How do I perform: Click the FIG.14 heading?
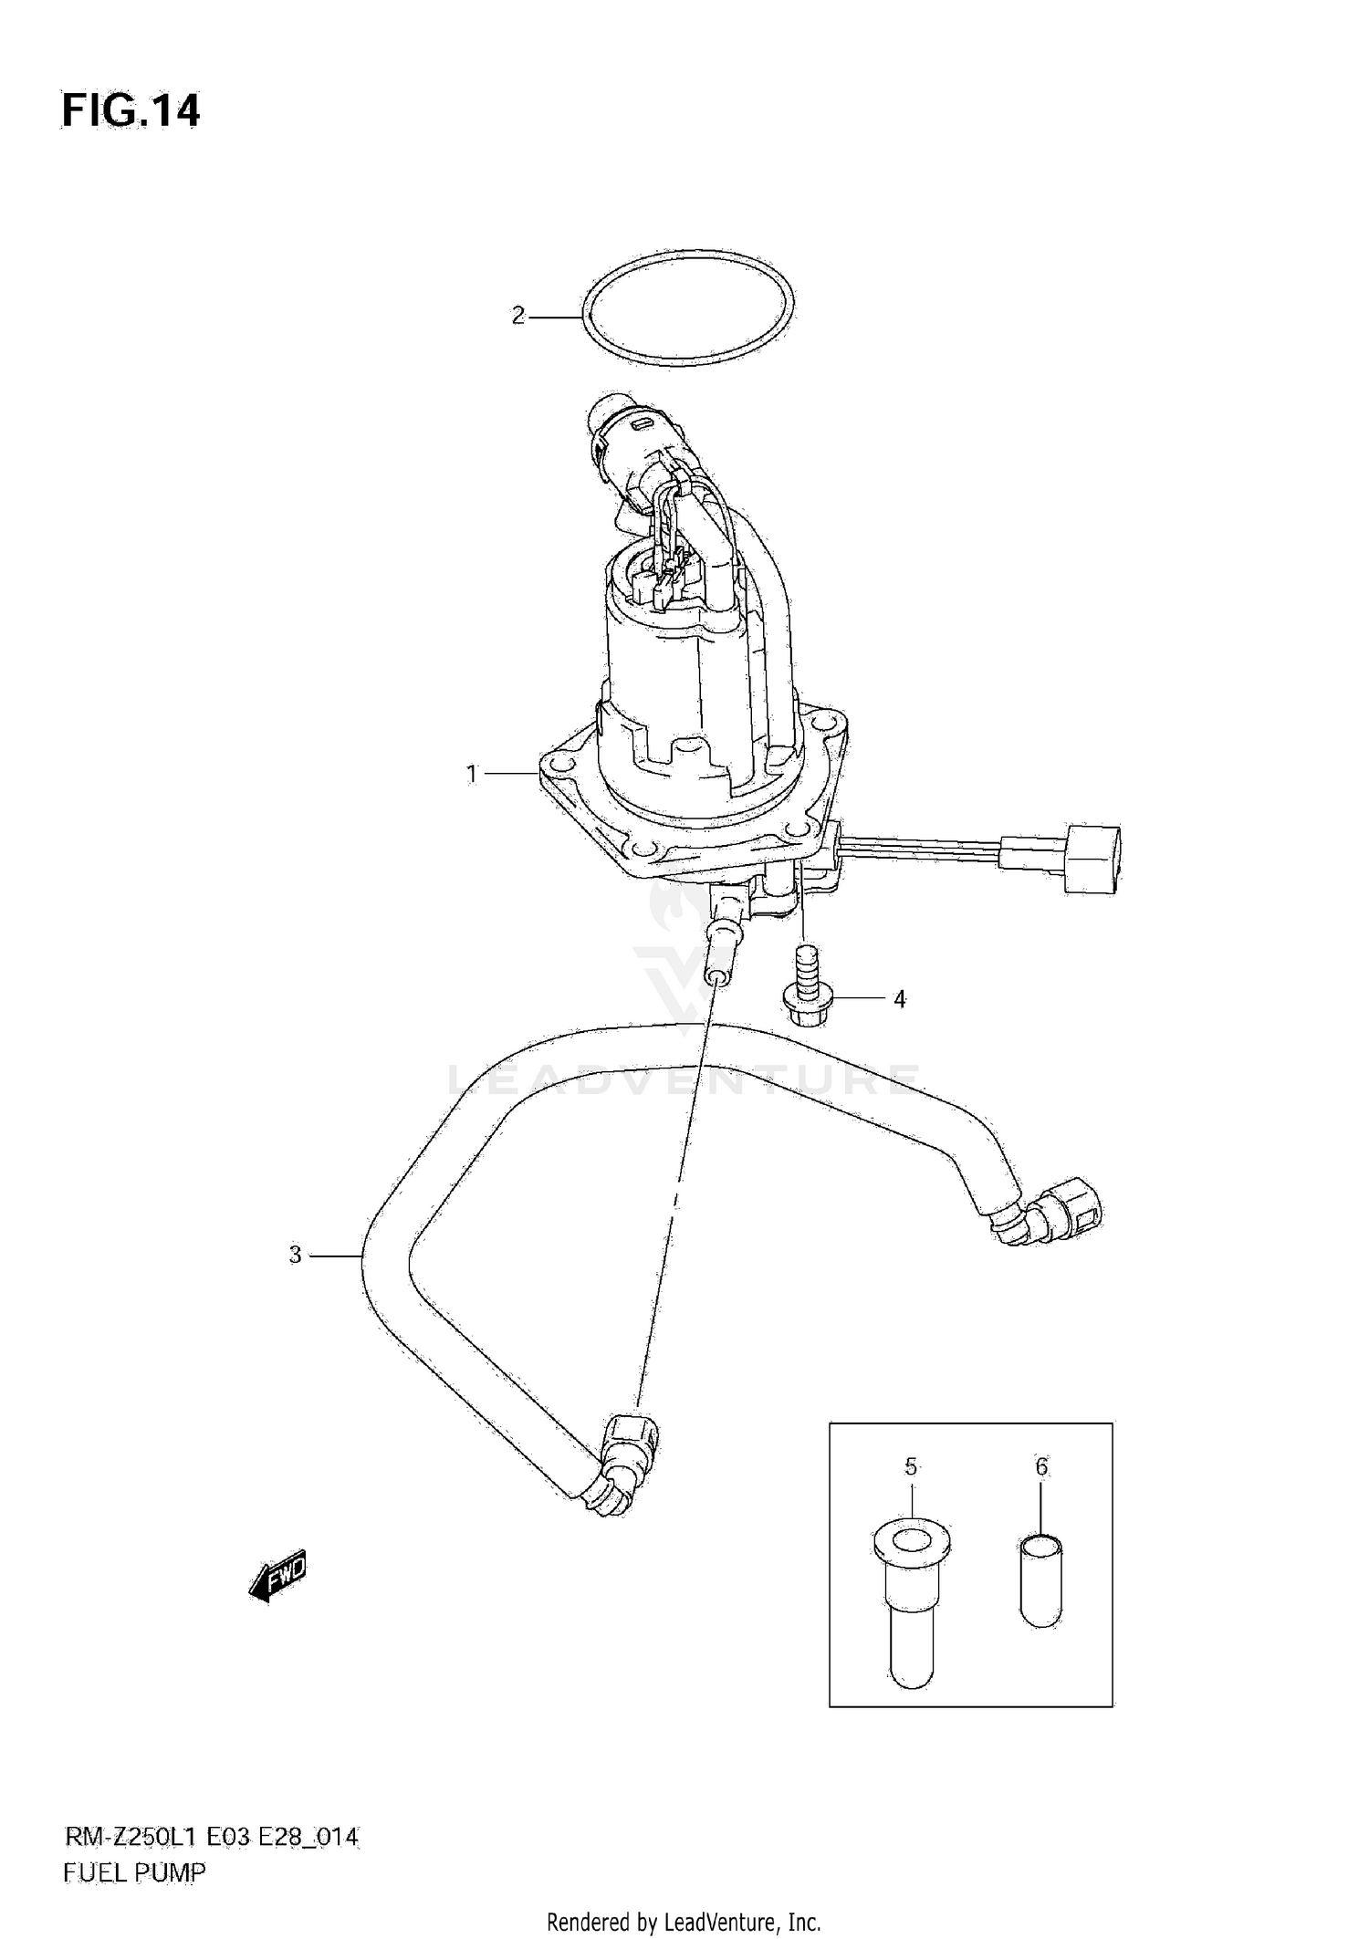click(x=131, y=111)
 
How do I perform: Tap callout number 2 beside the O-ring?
click(x=518, y=317)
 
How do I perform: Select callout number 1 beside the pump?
click(x=472, y=775)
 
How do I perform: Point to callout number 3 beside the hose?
click(x=295, y=1256)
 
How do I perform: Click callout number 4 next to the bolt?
click(x=899, y=1000)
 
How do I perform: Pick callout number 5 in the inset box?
click(x=910, y=1467)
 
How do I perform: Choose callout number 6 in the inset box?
click(x=1041, y=1467)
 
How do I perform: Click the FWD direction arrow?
click(x=278, y=1575)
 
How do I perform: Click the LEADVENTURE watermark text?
click(x=684, y=1081)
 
